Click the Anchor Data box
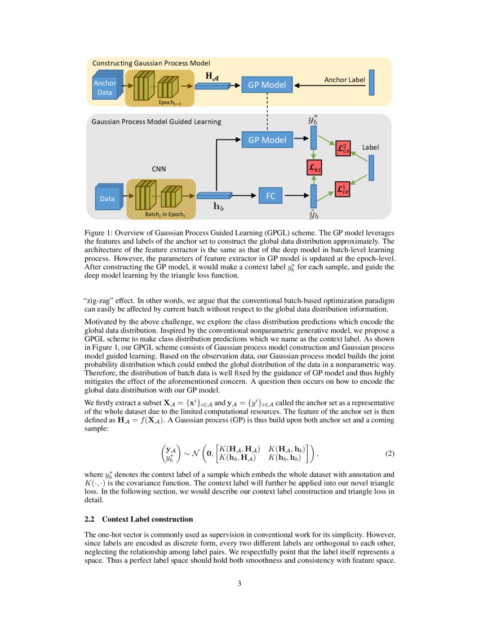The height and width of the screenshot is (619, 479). tap(105, 88)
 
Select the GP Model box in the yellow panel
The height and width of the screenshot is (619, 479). tap(267, 86)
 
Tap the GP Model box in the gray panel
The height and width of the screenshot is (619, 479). tap(267, 140)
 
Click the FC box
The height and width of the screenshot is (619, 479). tap(270, 196)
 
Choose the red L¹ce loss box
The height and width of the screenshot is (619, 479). tap(342, 189)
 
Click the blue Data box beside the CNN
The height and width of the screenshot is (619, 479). tap(107, 199)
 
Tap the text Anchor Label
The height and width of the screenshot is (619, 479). tap(344, 80)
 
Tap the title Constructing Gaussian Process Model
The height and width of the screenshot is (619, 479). tap(151, 63)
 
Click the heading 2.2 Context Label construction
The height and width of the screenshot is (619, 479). tap(139, 518)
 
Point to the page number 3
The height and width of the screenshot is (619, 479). tap(239, 584)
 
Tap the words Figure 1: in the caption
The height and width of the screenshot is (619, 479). tap(98, 232)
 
